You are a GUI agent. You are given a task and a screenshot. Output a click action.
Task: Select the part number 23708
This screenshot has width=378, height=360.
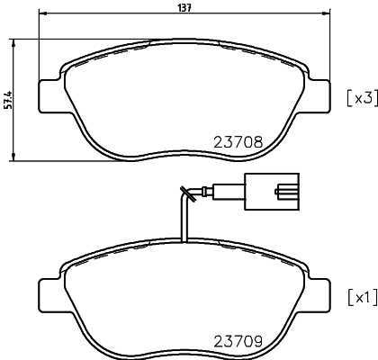(237, 141)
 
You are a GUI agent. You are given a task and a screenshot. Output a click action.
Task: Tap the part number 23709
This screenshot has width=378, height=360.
(237, 341)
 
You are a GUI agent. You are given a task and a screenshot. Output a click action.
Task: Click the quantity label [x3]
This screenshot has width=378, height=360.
(359, 97)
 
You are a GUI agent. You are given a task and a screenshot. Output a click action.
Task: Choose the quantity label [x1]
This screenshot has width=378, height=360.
(359, 297)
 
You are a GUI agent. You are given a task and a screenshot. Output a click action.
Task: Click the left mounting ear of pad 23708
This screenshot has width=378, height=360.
(49, 93)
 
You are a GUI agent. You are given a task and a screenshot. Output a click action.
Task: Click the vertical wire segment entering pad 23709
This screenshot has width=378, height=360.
(184, 225)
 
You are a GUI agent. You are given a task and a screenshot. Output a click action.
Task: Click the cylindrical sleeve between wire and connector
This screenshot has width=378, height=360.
(231, 191)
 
